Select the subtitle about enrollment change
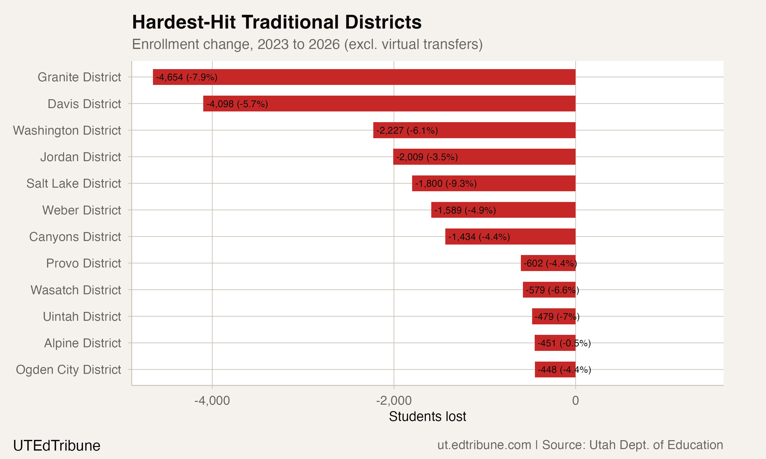pos(307,44)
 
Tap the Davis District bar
pos(402,104)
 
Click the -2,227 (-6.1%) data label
pos(407,130)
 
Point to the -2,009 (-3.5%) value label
pos(427,157)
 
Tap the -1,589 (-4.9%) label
pos(465,210)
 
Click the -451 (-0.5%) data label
pos(564,343)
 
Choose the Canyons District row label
pos(75,237)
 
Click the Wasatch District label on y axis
pos(76,290)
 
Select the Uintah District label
pos(82,317)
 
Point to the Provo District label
pos(83,263)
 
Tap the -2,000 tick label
pos(393,401)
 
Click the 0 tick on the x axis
pos(575,401)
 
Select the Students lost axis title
pos(427,417)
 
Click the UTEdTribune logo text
pos(57,446)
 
